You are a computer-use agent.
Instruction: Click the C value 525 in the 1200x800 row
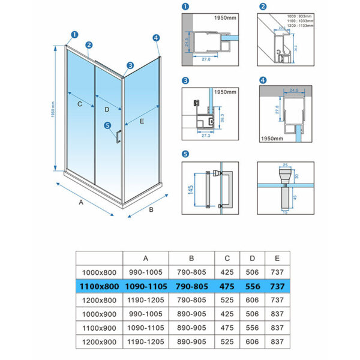pyautogui.click(x=227, y=301)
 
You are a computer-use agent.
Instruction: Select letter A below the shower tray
pyautogui.click(x=80, y=203)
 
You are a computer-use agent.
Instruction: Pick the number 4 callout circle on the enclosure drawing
pyautogui.click(x=156, y=38)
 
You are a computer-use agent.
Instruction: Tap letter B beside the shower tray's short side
pyautogui.click(x=151, y=209)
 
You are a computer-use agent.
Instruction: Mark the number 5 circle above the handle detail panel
pyautogui.click(x=185, y=154)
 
